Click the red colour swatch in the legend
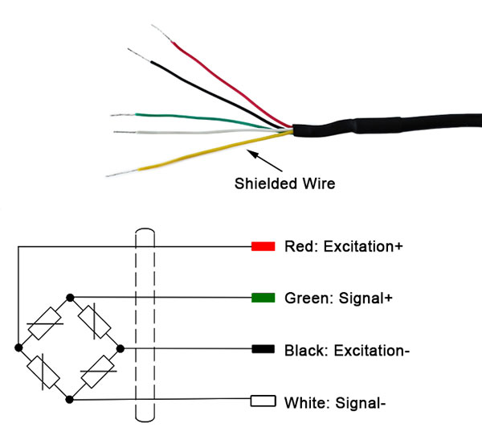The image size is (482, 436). click(x=263, y=246)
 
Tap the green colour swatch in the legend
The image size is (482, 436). click(x=263, y=298)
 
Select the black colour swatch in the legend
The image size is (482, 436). click(x=263, y=350)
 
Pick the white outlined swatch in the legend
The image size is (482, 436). click(x=263, y=400)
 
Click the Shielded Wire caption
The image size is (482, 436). click(x=284, y=183)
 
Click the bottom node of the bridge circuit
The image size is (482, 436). click(x=71, y=400)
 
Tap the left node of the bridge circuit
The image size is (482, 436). click(x=18, y=349)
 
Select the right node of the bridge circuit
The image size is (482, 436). click(x=120, y=349)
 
